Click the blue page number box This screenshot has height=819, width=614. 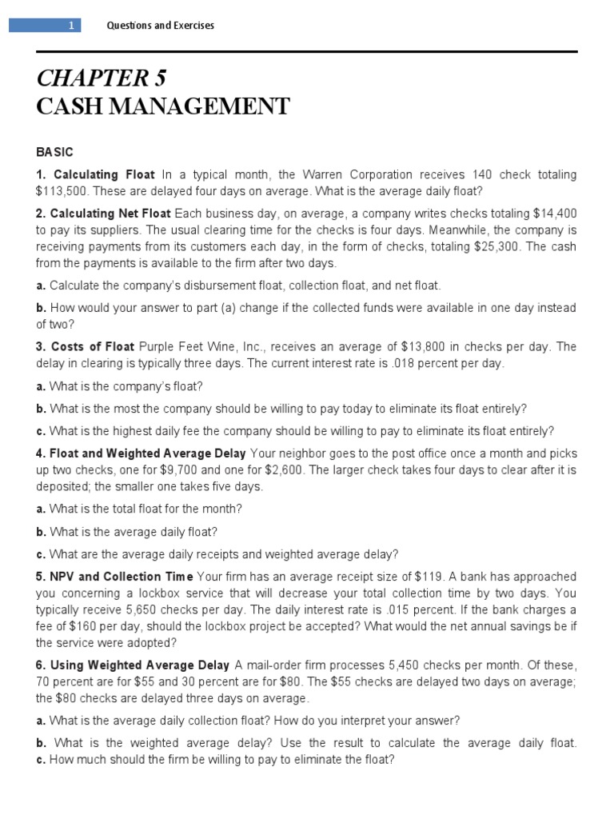tap(45, 26)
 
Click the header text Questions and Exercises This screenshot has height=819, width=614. tap(161, 26)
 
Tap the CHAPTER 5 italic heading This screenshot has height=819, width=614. tap(101, 78)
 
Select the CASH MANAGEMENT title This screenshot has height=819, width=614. tap(163, 106)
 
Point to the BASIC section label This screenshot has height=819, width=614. tap(54, 152)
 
